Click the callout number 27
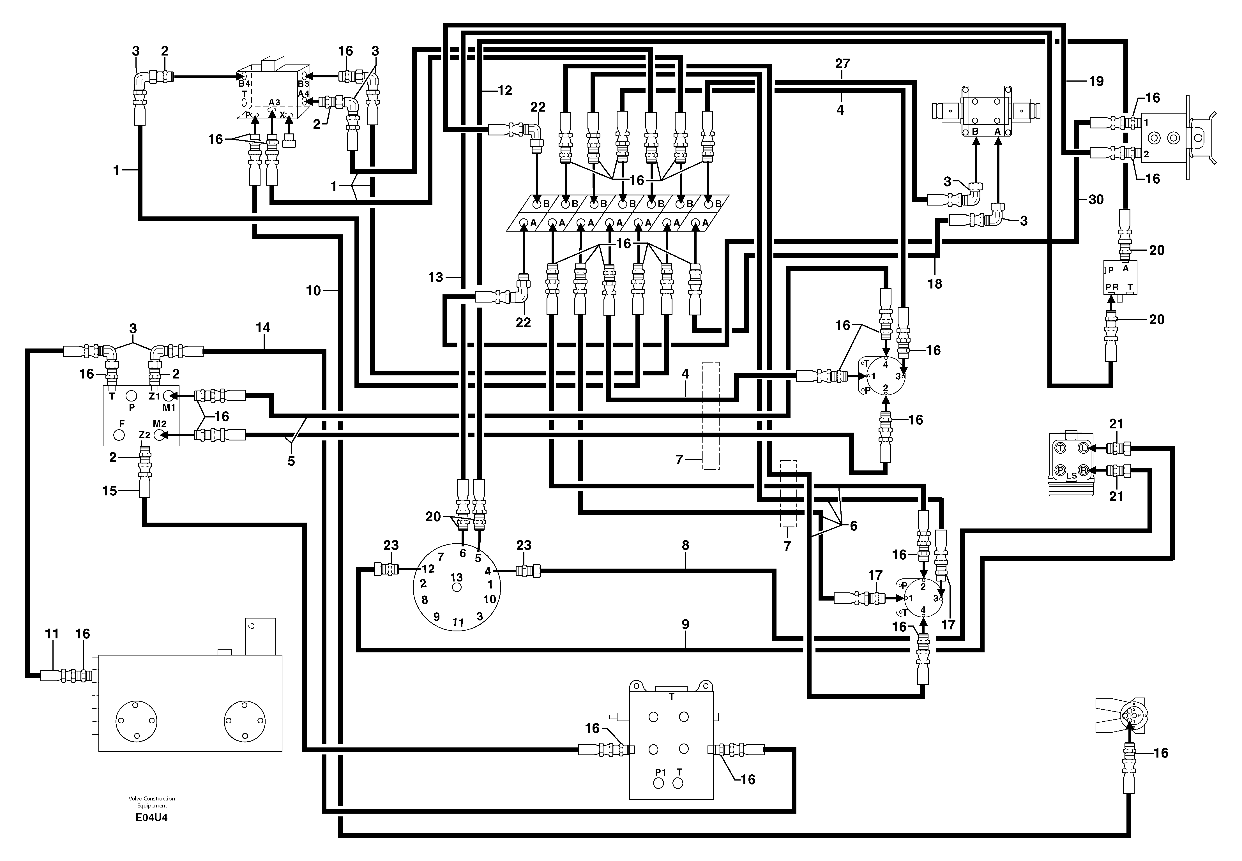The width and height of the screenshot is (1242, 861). click(842, 64)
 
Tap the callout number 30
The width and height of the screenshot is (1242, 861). click(1096, 200)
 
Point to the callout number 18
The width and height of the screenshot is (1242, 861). click(934, 284)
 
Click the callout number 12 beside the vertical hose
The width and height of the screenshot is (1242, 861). click(504, 91)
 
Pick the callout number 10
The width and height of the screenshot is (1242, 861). click(313, 291)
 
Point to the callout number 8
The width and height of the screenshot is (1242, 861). click(685, 545)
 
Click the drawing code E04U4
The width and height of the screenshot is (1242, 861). click(152, 817)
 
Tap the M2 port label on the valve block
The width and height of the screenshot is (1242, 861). click(160, 423)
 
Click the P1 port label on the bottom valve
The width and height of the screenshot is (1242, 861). click(660, 772)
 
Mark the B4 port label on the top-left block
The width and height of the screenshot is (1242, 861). click(245, 84)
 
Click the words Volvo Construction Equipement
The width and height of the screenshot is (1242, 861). click(152, 802)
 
